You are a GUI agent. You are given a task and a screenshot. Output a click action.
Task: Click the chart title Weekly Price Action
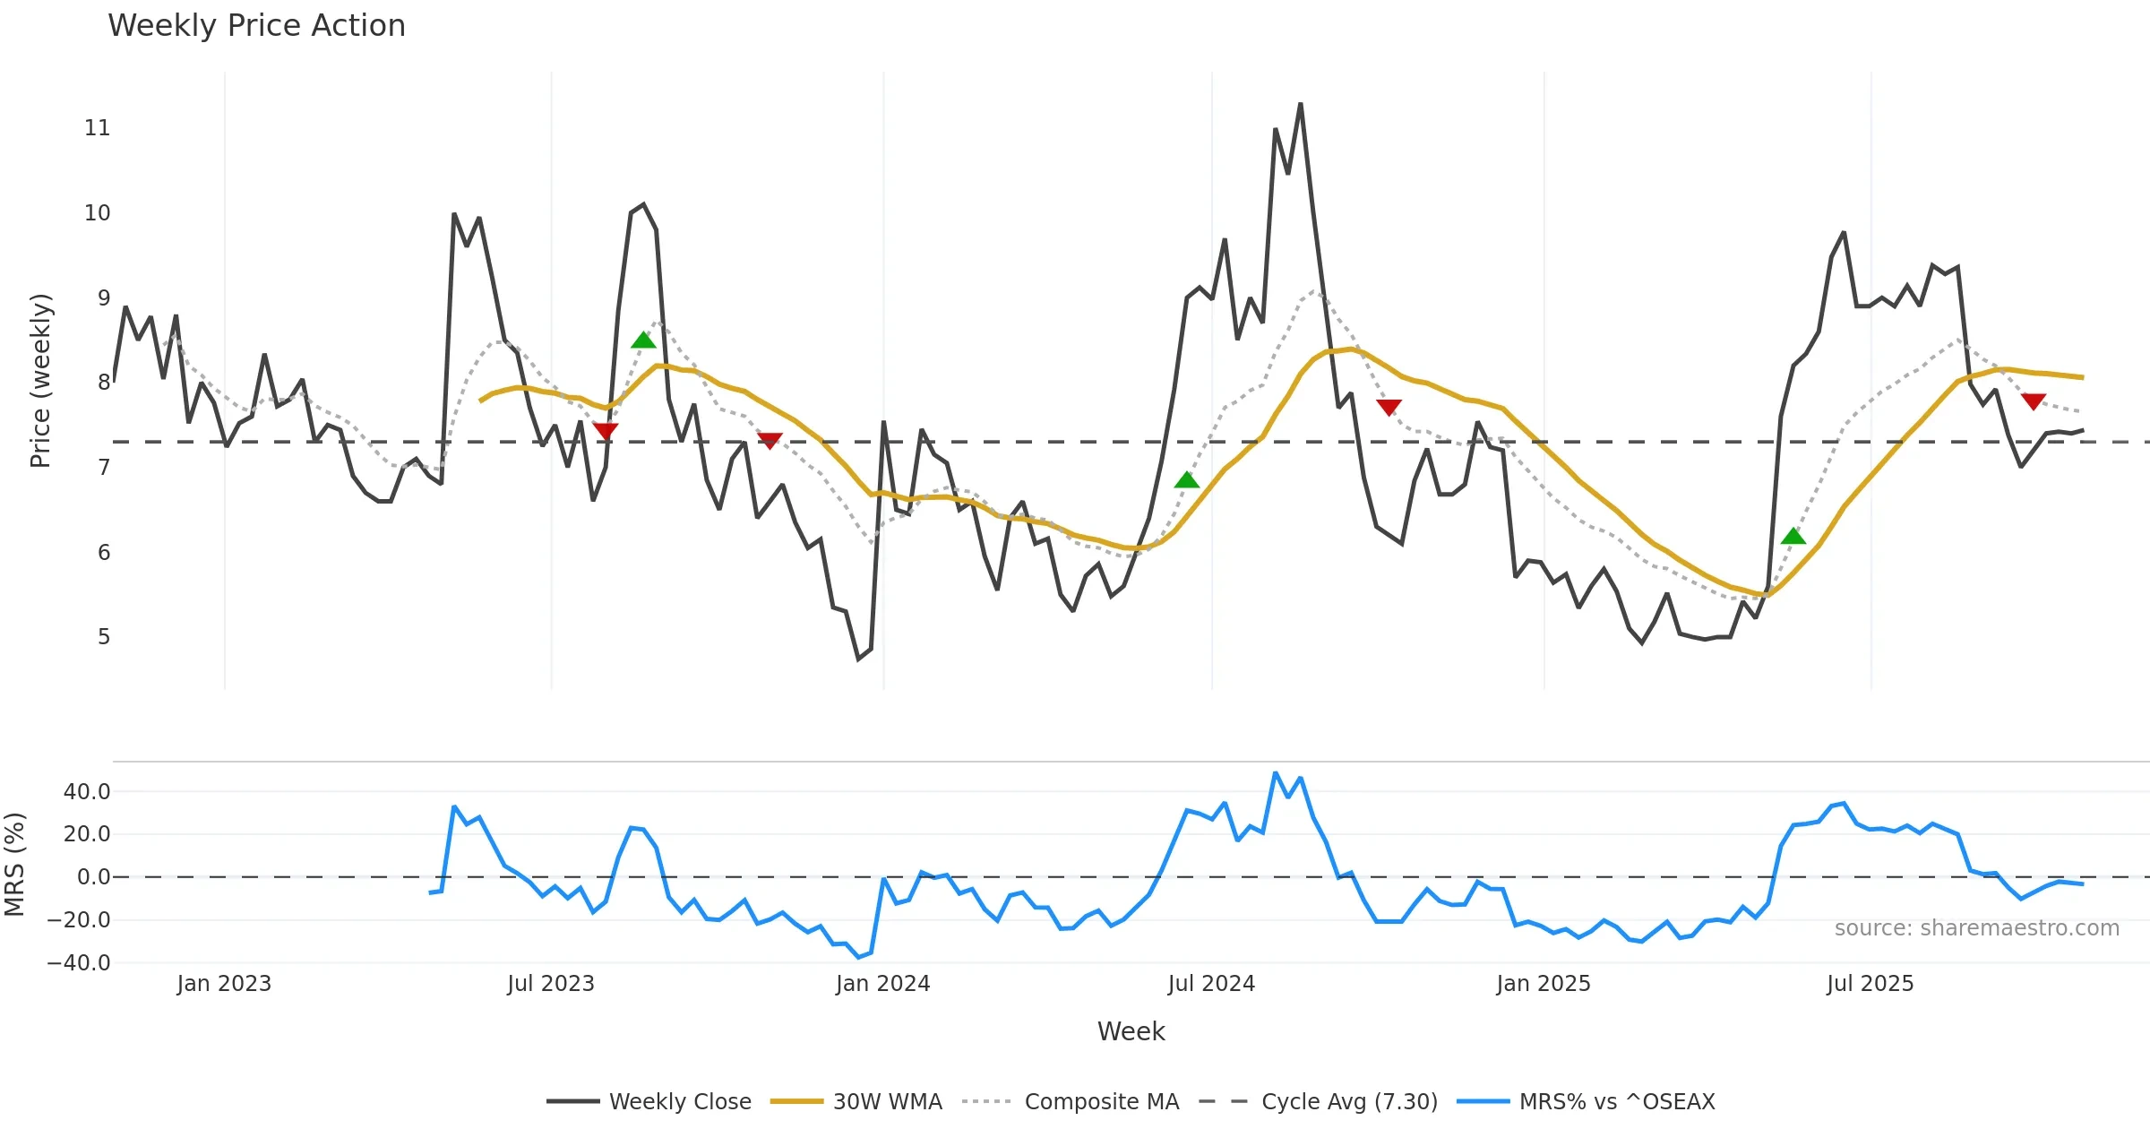click(x=256, y=26)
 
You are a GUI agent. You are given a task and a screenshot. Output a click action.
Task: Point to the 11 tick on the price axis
click(x=98, y=128)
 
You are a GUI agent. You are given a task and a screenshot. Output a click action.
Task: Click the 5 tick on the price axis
click(x=104, y=637)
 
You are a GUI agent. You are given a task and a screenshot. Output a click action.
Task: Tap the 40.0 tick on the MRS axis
click(x=87, y=792)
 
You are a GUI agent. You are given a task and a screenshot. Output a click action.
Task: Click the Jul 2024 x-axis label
click(x=1211, y=984)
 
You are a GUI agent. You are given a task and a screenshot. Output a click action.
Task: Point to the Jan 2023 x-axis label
click(x=224, y=984)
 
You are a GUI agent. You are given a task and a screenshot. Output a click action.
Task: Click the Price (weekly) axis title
click(x=40, y=381)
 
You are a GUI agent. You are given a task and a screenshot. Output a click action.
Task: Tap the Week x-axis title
click(x=1131, y=1032)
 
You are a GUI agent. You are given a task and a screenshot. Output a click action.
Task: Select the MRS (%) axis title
click(x=14, y=865)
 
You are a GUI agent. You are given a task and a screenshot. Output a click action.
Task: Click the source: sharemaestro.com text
click(x=1976, y=928)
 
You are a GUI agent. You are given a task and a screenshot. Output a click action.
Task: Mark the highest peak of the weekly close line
click(x=1301, y=104)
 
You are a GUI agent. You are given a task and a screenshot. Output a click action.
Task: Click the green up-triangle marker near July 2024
click(x=1187, y=480)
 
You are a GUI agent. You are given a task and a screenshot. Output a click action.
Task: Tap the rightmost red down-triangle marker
click(x=2034, y=401)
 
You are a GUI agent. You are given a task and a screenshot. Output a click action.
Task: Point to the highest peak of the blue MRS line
click(x=1276, y=772)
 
